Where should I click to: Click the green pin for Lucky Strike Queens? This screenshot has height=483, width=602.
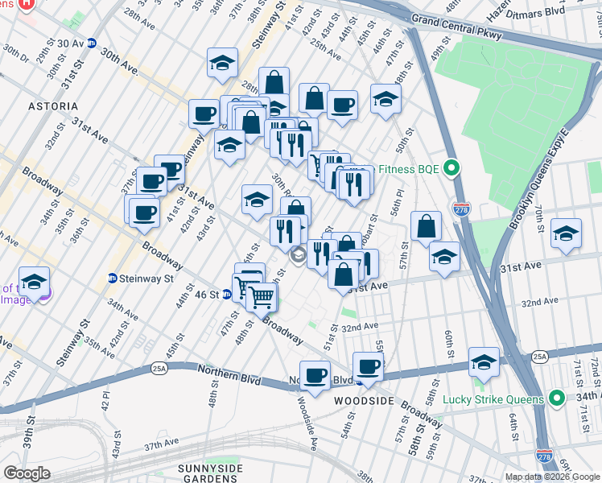point(555,398)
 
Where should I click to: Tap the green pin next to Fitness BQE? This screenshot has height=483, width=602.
point(452,169)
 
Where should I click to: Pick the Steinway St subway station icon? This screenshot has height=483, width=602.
point(113,279)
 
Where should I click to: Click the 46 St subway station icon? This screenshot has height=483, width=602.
point(229,295)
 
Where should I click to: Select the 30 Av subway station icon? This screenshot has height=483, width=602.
point(93,43)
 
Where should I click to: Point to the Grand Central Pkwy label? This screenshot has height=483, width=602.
point(456,26)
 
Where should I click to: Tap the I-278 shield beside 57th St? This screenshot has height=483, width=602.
point(461,208)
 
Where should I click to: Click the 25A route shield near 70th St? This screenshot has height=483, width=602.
point(538,356)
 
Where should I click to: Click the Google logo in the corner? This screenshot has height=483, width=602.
point(27,473)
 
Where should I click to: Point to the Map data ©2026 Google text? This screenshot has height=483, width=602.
point(552,477)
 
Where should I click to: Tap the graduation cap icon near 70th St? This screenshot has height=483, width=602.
point(566,233)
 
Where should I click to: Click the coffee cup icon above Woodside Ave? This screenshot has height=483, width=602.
point(315,374)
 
